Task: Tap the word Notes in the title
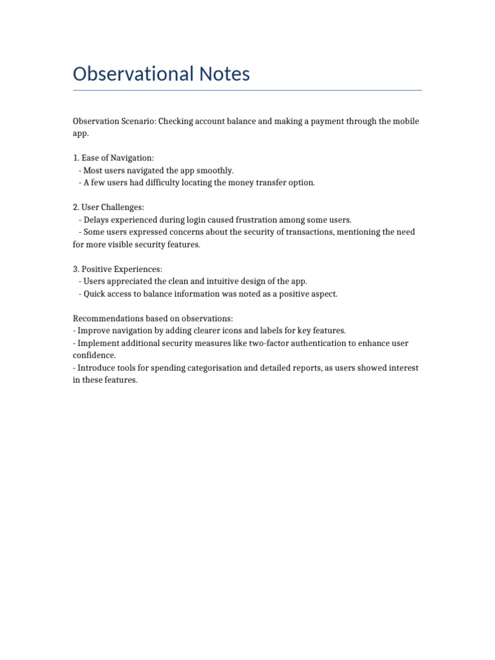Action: point(222,74)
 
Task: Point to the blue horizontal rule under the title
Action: point(247,90)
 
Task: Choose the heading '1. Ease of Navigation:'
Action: point(113,158)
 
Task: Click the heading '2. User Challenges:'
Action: point(108,208)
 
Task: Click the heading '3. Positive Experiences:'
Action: point(117,269)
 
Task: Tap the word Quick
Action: point(94,293)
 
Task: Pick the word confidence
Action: point(94,355)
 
